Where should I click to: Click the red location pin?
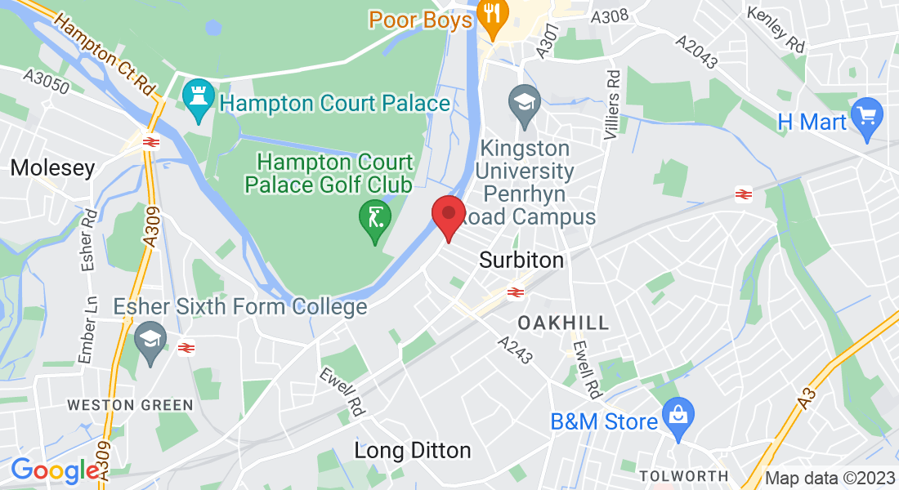(x=448, y=215)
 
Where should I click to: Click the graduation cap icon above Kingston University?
(x=523, y=104)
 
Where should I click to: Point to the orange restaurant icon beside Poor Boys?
(x=492, y=16)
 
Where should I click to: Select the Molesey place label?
(x=52, y=168)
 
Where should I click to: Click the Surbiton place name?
(x=521, y=261)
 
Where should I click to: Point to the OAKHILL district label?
(x=564, y=322)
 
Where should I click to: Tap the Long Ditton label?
(x=412, y=450)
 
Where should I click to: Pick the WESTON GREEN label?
(x=130, y=405)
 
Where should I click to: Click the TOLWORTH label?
(x=683, y=476)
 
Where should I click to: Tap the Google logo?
(x=55, y=470)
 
